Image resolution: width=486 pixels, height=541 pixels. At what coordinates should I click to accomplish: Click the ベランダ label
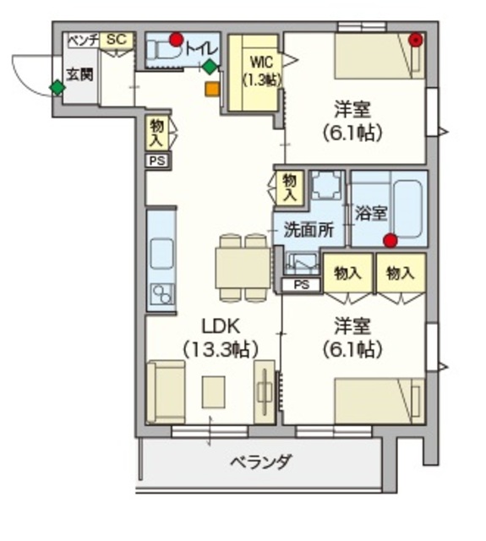[261, 463]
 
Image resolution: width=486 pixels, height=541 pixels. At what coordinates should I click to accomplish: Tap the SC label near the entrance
[117, 40]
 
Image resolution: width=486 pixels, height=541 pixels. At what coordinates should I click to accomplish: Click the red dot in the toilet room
[176, 40]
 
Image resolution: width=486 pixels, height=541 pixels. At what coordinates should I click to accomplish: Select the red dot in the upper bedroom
[415, 39]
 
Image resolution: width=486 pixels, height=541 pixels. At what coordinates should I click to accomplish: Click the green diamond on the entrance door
[57, 87]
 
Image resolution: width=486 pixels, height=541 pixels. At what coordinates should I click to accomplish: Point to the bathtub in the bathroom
[407, 209]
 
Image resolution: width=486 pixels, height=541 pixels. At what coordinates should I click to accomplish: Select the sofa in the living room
[165, 391]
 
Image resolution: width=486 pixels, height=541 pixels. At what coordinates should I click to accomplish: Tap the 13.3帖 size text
[221, 348]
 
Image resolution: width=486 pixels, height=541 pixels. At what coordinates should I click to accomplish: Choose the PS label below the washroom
[301, 285]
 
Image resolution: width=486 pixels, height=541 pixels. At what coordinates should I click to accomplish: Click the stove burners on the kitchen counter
[161, 292]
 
